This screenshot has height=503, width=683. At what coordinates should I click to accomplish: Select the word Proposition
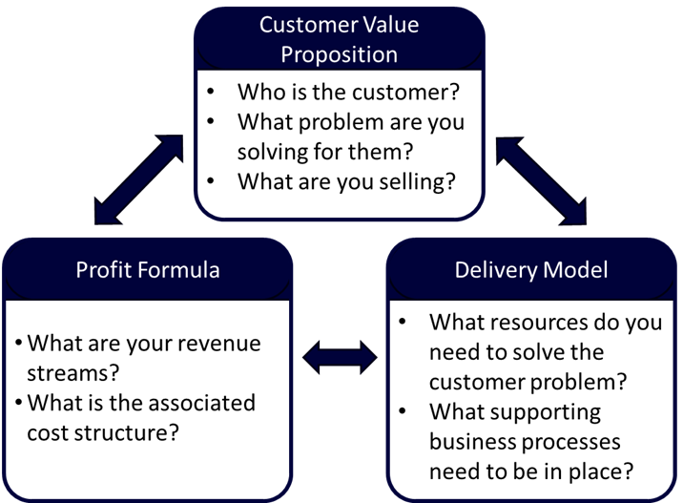pyautogui.click(x=339, y=53)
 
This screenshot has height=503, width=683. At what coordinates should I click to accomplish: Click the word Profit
pyautogui.click(x=104, y=270)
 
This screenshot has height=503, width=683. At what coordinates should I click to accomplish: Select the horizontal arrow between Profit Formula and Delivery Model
pyautogui.click(x=340, y=357)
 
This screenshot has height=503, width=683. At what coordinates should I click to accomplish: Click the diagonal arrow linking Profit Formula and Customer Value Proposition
pyautogui.click(x=138, y=180)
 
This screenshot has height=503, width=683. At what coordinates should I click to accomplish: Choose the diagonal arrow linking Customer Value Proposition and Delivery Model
pyautogui.click(x=541, y=180)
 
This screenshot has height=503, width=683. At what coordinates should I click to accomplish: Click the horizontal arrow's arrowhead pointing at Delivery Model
pyautogui.click(x=367, y=357)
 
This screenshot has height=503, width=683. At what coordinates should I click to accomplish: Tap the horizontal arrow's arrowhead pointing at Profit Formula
pyautogui.click(x=313, y=357)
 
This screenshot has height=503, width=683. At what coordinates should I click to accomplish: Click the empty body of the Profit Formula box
pyautogui.click(x=148, y=401)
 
